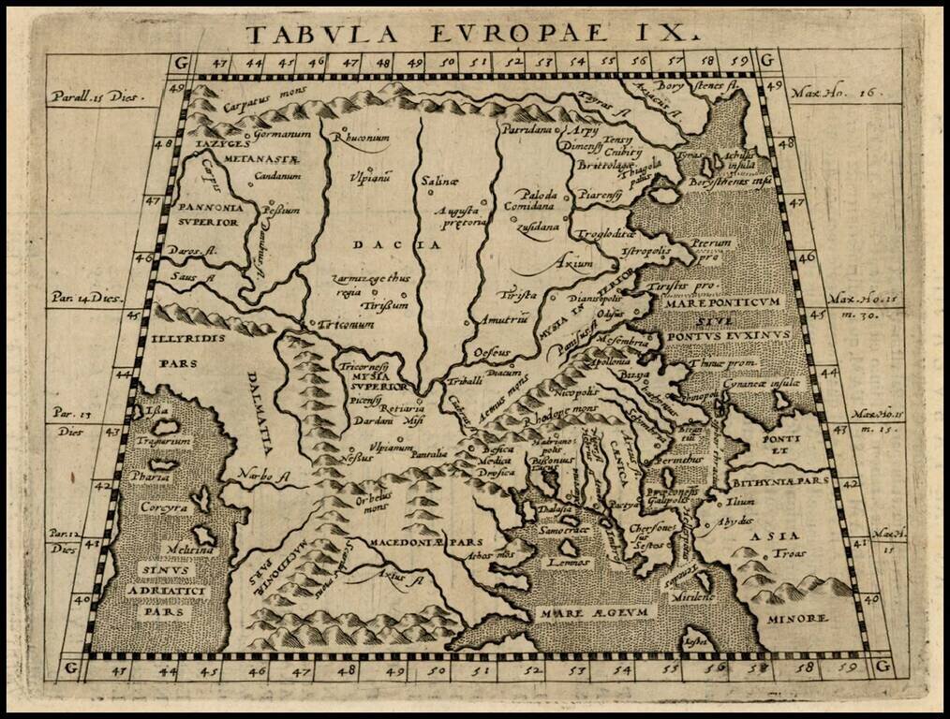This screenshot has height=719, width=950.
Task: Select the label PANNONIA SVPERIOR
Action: pyautogui.click(x=213, y=213)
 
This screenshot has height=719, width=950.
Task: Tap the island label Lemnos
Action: pyautogui.click(x=569, y=562)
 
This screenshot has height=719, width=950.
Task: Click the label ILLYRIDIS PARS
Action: pyautogui.click(x=186, y=349)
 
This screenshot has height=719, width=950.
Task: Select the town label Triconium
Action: pyautogui.click(x=347, y=324)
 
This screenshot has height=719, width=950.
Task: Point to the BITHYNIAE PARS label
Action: pyautogui.click(x=781, y=482)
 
